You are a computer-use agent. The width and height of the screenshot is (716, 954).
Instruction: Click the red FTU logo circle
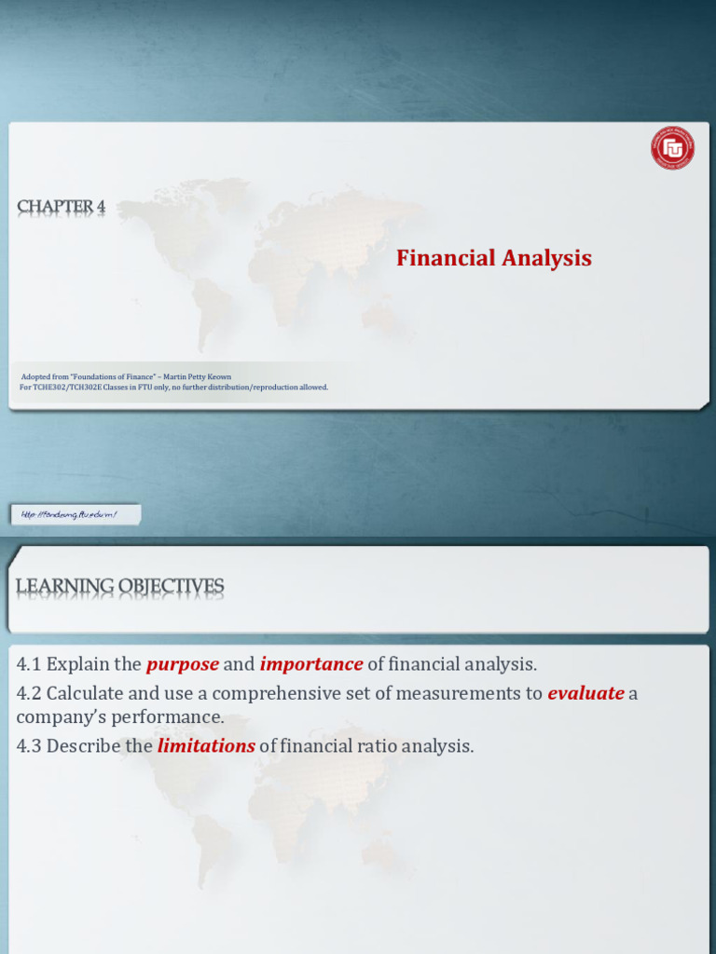point(672,148)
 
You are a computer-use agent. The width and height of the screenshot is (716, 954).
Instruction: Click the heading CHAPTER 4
point(61,207)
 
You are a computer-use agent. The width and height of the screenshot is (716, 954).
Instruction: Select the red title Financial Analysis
point(493,258)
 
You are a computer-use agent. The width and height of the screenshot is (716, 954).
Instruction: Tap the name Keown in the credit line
point(219,377)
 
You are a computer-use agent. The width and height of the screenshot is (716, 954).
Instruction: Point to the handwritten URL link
point(77,514)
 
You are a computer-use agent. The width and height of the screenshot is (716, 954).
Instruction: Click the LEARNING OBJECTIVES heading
point(119,586)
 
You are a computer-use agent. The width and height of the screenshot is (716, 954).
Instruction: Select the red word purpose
point(183,664)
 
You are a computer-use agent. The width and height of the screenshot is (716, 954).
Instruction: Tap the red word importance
point(310,664)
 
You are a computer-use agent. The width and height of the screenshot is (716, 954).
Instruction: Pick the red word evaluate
point(585,693)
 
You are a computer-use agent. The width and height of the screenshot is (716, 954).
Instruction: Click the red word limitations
point(206,746)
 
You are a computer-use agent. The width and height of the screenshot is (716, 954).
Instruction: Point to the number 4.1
point(29,664)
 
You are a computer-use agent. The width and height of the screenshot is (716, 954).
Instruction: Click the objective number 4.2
point(29,693)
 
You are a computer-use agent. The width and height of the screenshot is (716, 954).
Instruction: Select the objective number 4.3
point(29,746)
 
